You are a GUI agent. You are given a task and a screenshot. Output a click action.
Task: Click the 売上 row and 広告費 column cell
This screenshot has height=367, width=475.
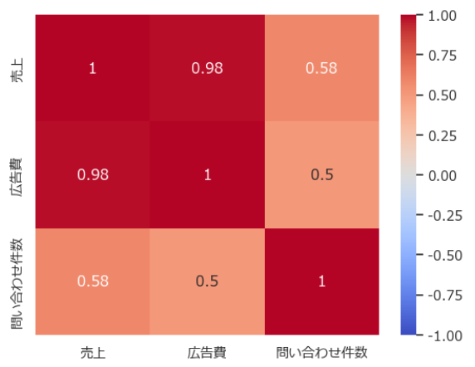click(208, 68)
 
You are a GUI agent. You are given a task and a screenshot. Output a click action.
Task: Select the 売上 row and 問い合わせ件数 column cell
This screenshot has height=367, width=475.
click(321, 68)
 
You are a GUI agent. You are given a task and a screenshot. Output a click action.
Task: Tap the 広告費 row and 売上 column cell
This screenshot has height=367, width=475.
click(93, 174)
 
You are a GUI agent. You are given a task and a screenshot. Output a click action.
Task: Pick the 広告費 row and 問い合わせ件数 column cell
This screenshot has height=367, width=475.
click(321, 174)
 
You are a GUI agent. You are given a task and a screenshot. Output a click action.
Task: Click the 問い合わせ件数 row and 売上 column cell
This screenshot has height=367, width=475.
click(93, 281)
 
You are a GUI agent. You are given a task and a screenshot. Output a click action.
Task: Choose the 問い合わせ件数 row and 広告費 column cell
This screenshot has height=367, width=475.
click(208, 281)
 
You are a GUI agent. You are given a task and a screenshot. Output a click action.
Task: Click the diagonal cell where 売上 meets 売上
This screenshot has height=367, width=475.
click(93, 68)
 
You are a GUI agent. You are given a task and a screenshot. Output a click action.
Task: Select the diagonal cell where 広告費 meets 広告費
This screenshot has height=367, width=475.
click(208, 174)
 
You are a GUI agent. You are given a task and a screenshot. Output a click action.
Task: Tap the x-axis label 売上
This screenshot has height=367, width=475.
click(93, 353)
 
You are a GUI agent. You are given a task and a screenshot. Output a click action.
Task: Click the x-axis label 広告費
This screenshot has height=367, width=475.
click(207, 353)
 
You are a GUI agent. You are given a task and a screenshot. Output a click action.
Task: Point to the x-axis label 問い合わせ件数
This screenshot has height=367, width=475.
click(321, 353)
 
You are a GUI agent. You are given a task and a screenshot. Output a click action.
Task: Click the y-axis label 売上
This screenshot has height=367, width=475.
click(17, 71)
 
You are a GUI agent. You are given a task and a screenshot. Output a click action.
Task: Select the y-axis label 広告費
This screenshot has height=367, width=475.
click(17, 177)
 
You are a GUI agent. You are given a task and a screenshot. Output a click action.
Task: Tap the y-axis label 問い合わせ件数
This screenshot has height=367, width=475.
click(17, 284)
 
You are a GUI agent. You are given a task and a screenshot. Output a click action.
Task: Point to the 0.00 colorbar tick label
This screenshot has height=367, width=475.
click(443, 176)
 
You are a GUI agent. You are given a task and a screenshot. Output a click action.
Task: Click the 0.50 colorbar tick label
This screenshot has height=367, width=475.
click(443, 95)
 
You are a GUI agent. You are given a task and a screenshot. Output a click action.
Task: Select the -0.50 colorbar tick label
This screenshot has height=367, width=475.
click(445, 256)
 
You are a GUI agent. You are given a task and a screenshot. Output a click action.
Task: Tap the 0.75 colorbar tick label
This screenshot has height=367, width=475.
click(443, 56)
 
